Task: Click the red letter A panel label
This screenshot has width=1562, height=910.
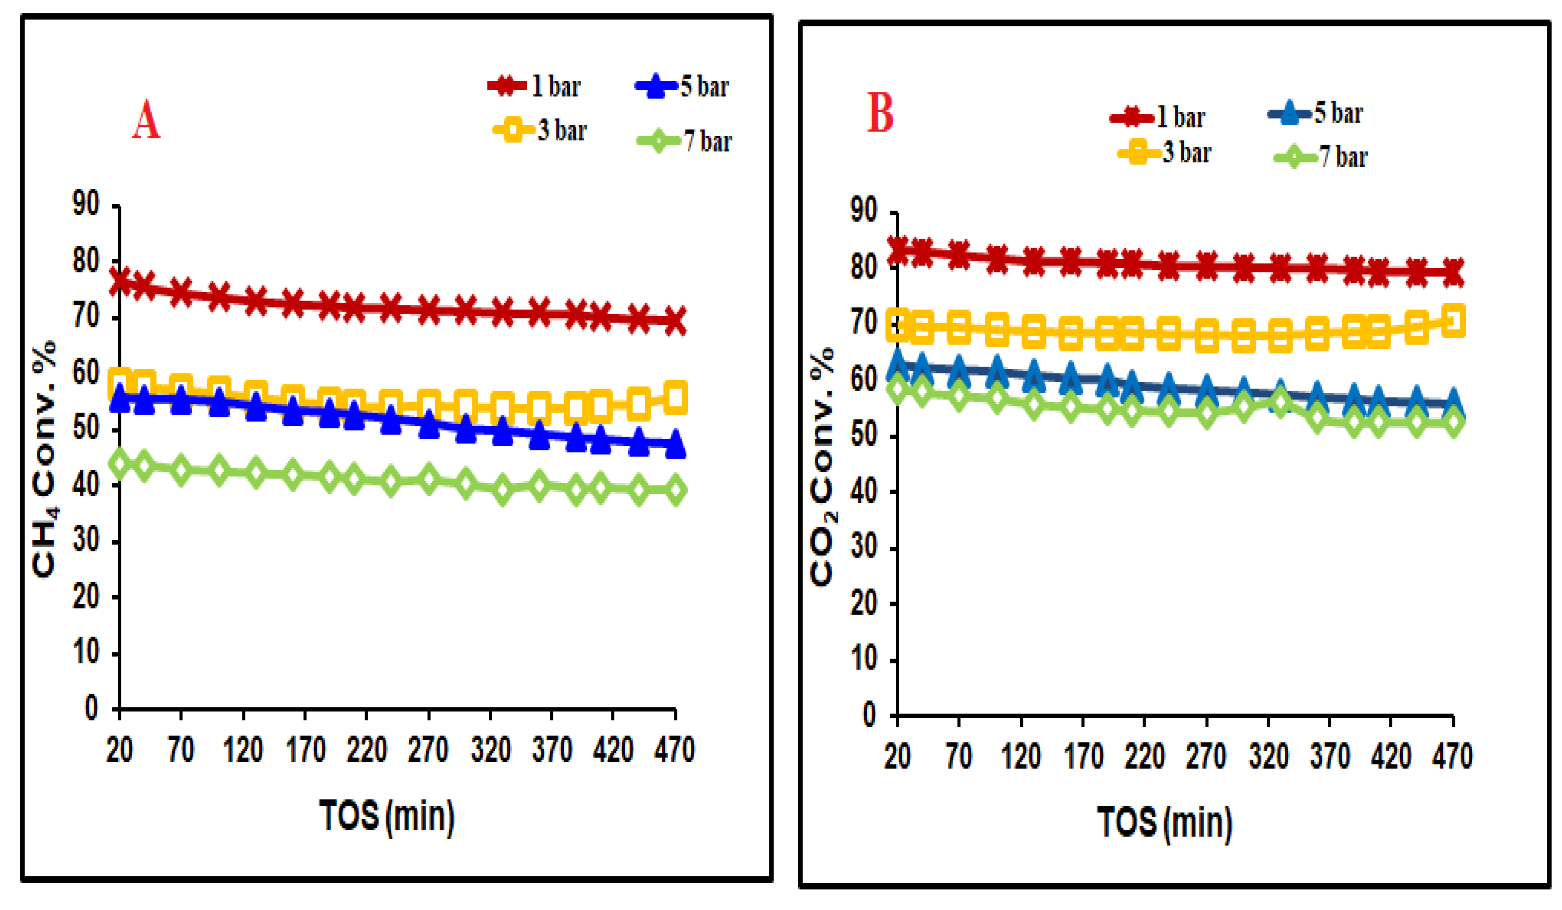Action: tap(146, 120)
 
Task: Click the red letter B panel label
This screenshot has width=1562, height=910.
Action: tap(880, 113)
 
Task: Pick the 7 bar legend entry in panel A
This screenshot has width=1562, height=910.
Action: tap(685, 141)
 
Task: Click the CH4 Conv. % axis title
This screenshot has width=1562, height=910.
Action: tap(44, 459)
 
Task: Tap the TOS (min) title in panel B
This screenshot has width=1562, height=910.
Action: tap(1165, 823)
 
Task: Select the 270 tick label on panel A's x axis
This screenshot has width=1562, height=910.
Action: tap(428, 750)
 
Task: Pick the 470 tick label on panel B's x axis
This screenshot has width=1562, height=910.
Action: tap(1453, 757)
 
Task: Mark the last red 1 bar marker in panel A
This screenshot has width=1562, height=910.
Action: tap(675, 321)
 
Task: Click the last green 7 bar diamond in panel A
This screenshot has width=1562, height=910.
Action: tap(675, 490)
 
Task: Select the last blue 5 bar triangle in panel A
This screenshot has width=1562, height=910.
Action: tap(675, 444)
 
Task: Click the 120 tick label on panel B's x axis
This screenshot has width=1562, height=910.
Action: tap(1021, 757)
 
